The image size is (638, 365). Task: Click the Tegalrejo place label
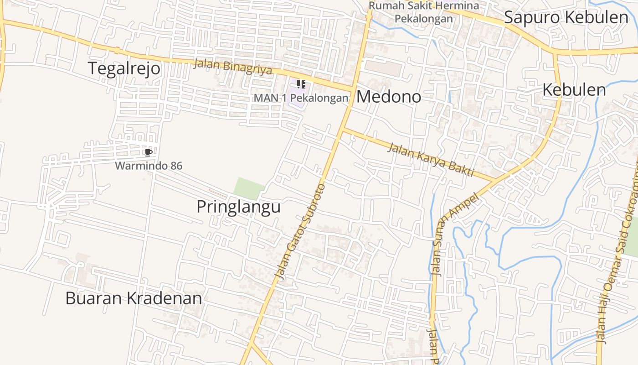(124, 68)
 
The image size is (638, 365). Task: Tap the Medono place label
(388, 97)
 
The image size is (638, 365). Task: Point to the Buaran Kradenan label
(134, 298)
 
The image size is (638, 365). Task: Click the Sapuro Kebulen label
(566, 17)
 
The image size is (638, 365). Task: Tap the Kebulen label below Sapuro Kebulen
(574, 90)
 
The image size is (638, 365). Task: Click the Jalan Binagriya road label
(233, 66)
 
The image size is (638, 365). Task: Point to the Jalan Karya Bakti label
(431, 160)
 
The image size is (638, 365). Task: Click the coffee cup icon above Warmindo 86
(148, 152)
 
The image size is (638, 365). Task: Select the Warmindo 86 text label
(149, 166)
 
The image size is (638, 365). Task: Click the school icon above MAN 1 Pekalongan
(301, 84)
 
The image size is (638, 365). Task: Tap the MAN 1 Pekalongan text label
(301, 98)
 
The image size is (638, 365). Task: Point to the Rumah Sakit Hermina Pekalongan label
(424, 12)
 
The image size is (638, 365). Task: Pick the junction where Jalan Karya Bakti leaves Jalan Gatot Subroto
(342, 129)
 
